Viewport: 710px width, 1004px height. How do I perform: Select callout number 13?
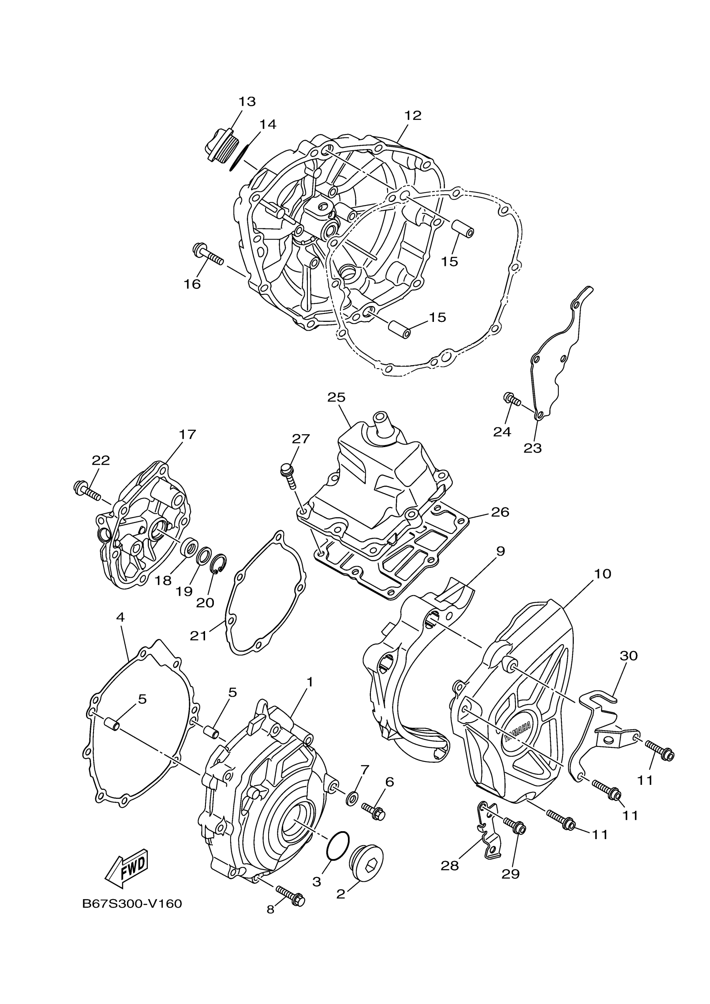coord(247,101)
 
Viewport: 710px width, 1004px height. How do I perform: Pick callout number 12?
coord(413,116)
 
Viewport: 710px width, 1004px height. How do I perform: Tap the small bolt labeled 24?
coord(512,399)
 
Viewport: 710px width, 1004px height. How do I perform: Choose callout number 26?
coord(500,512)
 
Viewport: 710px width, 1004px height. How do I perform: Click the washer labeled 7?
coord(352,799)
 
